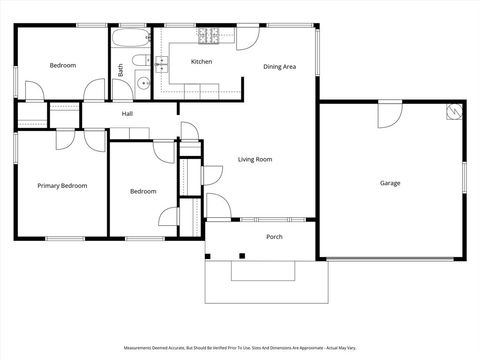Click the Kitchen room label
(202, 62)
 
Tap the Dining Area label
(279, 67)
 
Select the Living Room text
(255, 159)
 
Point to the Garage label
(390, 183)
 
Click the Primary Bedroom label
(62, 186)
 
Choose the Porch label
(274, 237)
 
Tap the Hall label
(128, 114)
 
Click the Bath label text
(122, 71)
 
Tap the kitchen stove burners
(209, 37)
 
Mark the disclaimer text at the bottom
(240, 348)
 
